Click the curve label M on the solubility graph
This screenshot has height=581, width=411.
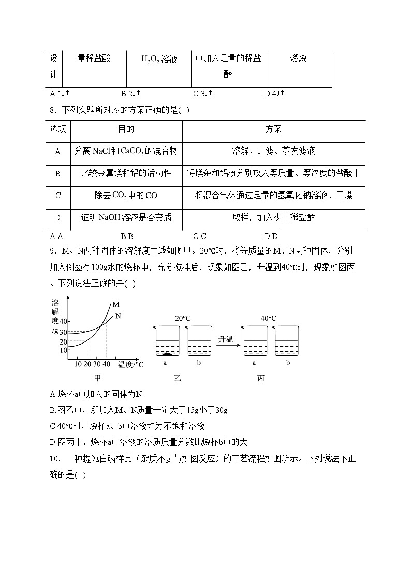116,305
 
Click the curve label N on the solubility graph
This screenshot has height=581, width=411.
118,315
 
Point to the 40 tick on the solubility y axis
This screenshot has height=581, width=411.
63,321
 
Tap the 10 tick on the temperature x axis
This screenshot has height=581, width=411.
78,364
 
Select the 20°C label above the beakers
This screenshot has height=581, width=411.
182,318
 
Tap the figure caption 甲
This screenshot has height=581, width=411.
97,378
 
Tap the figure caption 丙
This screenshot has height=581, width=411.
260,378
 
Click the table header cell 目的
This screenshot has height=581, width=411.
126,129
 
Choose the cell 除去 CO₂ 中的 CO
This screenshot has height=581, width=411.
126,196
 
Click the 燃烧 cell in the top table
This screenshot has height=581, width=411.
298,58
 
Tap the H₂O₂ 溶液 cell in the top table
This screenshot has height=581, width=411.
159,59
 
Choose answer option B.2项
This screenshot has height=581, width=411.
131,94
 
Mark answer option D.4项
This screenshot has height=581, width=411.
274,94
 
